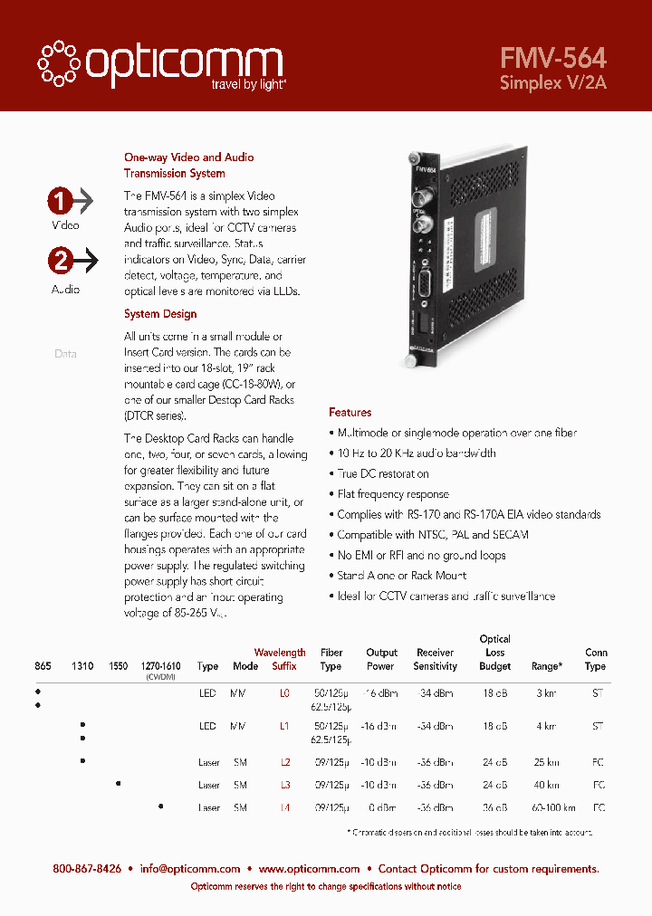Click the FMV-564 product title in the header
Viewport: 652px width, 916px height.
pos(552,58)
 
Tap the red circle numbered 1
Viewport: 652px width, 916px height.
pos(61,200)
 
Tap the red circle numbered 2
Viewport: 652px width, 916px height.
pos(61,262)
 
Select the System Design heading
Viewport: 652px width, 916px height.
pos(160,314)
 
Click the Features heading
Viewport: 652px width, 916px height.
pos(350,412)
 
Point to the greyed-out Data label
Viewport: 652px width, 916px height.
pos(65,354)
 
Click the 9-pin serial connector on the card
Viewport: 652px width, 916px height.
pos(422,286)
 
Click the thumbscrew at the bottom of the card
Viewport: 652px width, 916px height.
pos(411,361)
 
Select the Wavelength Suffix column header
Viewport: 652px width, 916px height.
pos(280,659)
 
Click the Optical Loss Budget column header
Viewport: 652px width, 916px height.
pos(495,653)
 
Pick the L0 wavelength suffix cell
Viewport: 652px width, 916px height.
pos(284,692)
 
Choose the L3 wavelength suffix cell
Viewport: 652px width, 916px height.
pos(284,785)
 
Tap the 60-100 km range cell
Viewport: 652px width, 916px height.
pos(546,807)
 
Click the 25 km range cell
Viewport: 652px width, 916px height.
pos(546,762)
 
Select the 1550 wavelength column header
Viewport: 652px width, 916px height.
pos(118,666)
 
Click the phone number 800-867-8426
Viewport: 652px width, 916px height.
pos(87,869)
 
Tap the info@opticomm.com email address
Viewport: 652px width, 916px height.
pos(190,869)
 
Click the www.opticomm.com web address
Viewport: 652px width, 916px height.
pos(310,869)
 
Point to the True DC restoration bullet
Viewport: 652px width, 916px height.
pos(383,473)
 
